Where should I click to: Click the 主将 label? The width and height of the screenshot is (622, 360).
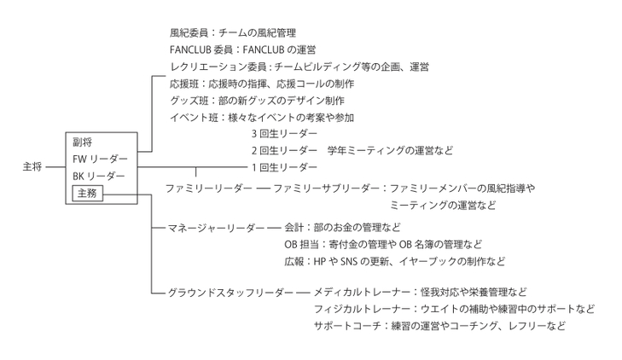click(32, 167)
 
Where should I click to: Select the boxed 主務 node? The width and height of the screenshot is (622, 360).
click(87, 193)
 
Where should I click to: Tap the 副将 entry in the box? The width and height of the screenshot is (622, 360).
click(83, 142)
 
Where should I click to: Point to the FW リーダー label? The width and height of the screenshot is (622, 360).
click(101, 159)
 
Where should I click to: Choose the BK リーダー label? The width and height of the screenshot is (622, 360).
click(99, 176)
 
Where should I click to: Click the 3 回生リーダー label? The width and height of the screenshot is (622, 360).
click(284, 134)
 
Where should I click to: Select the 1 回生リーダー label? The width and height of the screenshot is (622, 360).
click(284, 167)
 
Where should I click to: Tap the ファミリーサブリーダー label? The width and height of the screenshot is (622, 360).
click(327, 189)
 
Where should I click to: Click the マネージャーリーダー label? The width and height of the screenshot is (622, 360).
click(216, 228)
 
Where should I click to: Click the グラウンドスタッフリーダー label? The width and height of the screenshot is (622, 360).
click(230, 293)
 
